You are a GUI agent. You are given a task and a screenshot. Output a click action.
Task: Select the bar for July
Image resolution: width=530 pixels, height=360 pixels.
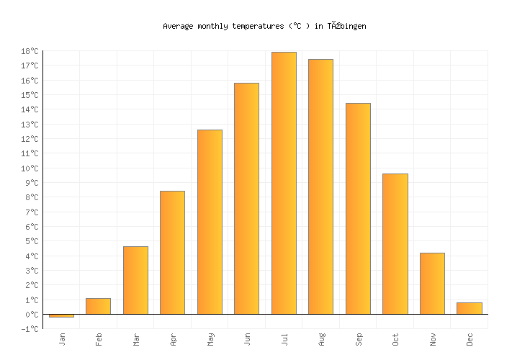coord(284,183)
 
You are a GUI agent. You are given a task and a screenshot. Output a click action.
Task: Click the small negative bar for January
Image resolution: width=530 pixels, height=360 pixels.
coord(61,315)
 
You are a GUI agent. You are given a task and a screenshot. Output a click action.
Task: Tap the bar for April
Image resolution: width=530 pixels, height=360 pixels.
coord(172,252)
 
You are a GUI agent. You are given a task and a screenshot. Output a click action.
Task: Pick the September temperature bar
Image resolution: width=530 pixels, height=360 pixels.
coord(358,209)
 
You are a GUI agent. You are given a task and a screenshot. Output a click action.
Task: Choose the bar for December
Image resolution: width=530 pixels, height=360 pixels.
coord(469,308)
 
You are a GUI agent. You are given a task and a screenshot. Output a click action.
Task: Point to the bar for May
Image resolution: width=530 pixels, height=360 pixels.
coord(210,222)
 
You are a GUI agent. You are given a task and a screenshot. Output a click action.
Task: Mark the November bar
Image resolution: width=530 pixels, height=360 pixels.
coord(432,283)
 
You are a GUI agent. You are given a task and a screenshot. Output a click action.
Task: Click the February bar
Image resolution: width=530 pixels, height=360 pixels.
coord(98,306)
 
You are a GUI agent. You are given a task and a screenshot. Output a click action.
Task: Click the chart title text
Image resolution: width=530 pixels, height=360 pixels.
coord(264,26)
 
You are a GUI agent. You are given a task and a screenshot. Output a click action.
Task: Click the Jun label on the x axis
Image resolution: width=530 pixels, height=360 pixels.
coord(247,338)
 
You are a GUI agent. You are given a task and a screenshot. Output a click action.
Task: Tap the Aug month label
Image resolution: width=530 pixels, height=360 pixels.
coord(321,338)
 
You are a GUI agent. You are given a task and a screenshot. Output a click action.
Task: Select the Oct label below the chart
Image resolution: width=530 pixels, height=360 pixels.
coord(395,338)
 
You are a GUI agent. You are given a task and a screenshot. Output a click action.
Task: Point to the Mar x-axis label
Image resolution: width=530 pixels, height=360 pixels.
coord(136,338)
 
